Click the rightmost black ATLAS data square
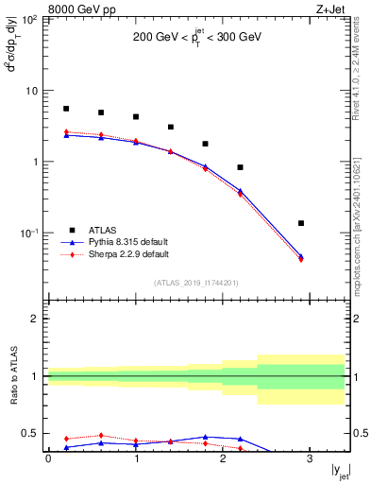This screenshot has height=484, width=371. coord(301,223)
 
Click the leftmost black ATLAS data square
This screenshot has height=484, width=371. coord(66,109)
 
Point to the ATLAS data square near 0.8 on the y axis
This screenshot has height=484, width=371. coord(241,167)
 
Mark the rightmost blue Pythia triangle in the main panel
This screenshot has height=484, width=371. coord(301,255)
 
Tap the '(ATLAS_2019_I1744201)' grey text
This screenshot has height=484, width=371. coord(197,283)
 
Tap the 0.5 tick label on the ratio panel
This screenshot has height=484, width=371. coord(33,434)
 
